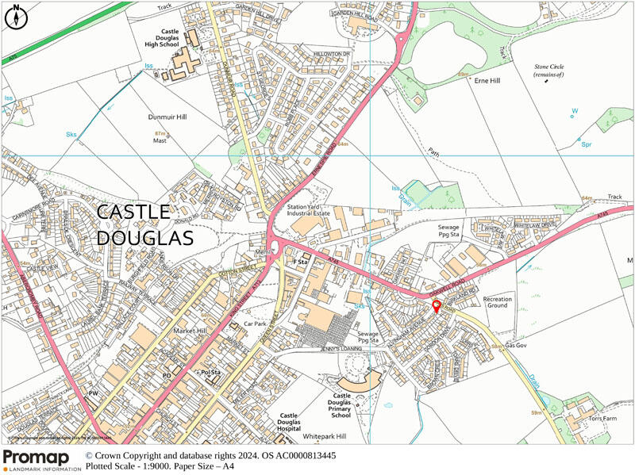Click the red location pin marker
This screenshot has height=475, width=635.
pyautogui.click(x=435, y=307)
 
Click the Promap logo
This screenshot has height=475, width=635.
pyautogui.click(x=40, y=460)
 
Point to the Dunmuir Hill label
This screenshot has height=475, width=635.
pyautogui.click(x=167, y=117)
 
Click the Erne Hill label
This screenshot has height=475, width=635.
pyautogui.click(x=487, y=81)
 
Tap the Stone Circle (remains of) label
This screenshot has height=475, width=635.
pyautogui.click(x=548, y=70)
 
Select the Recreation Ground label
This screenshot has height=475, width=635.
pyautogui.click(x=498, y=301)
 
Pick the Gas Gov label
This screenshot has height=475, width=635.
pyautogui.click(x=517, y=347)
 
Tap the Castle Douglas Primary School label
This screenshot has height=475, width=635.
pyautogui.click(x=341, y=405)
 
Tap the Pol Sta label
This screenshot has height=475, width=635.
pyautogui.click(x=210, y=372)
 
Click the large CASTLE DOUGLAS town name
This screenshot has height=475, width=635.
pyautogui.click(x=145, y=224)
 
